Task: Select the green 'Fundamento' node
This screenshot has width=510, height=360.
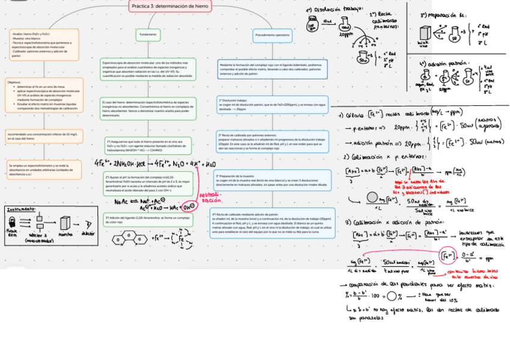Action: [148, 35]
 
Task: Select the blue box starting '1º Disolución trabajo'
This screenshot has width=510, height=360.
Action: [272, 105]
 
